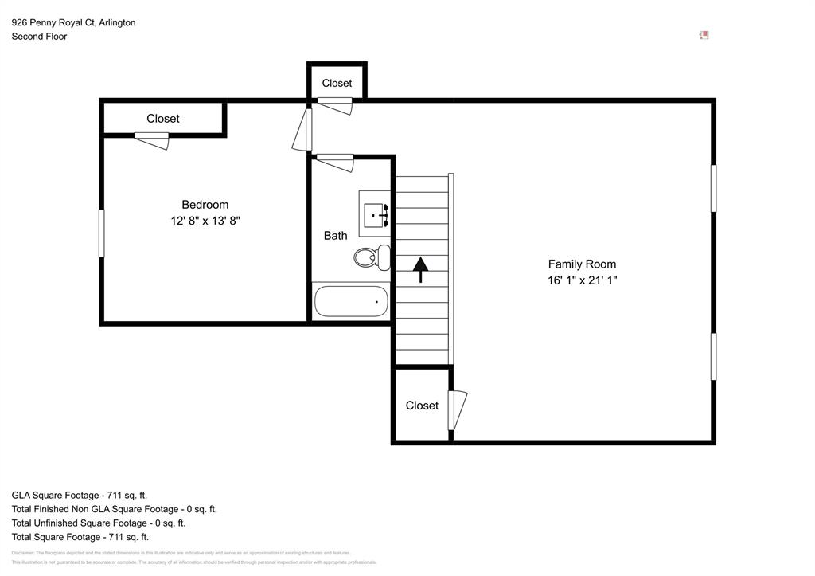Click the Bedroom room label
pyautogui.click(x=205, y=205)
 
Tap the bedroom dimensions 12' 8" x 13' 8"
pyautogui.click(x=205, y=221)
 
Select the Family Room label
pyautogui.click(x=582, y=264)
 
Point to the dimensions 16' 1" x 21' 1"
pyautogui.click(x=582, y=280)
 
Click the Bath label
pyautogui.click(x=335, y=236)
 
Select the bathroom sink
pyautogui.click(x=375, y=214)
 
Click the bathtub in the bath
pyautogui.click(x=351, y=302)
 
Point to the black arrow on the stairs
pyautogui.click(x=420, y=269)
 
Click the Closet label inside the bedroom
pyautogui.click(x=162, y=119)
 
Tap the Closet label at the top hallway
pyautogui.click(x=337, y=84)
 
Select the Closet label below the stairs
pyautogui.click(x=422, y=406)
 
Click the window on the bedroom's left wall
pyautogui.click(x=101, y=233)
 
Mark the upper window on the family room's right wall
pyautogui.click(x=713, y=188)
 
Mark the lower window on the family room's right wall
pyautogui.click(x=713, y=356)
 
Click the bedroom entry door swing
pyautogui.click(x=303, y=129)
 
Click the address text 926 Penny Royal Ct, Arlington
pyautogui.click(x=73, y=22)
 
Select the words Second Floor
pyautogui.click(x=39, y=37)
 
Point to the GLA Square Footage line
pyautogui.click(x=80, y=495)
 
